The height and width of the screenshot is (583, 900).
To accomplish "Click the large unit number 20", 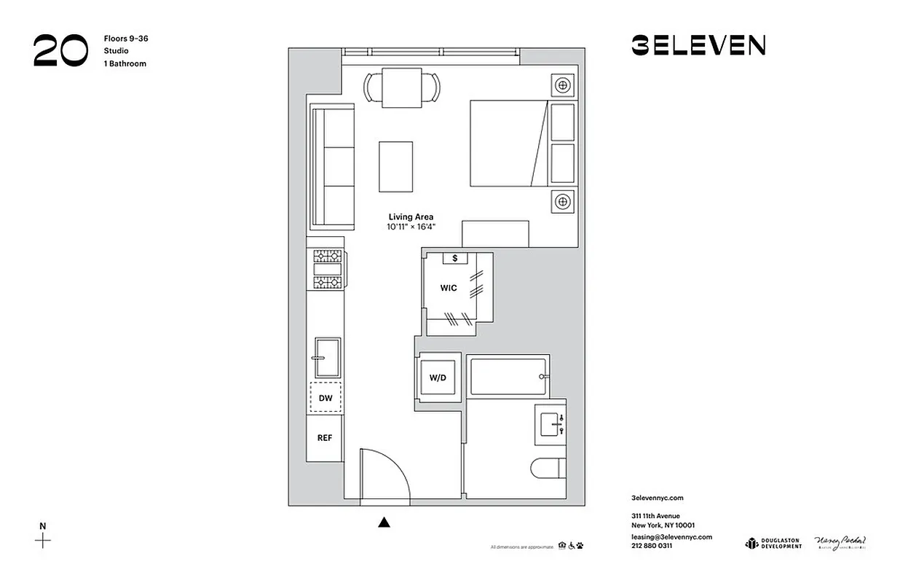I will (61, 51).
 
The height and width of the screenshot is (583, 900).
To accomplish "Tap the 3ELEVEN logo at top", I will (698, 46).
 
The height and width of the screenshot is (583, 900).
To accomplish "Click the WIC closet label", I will (449, 288).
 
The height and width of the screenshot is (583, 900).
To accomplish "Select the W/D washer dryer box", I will (438, 377).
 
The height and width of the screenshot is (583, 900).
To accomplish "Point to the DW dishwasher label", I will (325, 398).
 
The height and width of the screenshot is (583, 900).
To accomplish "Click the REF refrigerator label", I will (325, 438).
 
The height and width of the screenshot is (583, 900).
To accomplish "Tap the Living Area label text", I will (411, 217).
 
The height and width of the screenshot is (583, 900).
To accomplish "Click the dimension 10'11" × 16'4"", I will (411, 227).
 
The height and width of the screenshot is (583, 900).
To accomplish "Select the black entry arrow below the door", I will (384, 521).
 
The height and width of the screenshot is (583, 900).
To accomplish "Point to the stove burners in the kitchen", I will (327, 269).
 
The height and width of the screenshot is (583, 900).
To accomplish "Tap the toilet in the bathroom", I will (548, 467).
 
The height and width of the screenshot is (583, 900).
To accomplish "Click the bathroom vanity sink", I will (550, 422).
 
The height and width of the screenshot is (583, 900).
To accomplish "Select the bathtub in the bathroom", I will (508, 375).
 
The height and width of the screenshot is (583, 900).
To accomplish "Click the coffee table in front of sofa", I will (395, 167).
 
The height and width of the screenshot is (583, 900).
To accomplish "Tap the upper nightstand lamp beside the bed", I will (562, 86).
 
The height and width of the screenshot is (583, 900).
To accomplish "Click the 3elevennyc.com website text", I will (658, 498).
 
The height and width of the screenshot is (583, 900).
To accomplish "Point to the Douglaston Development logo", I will (773, 543).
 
